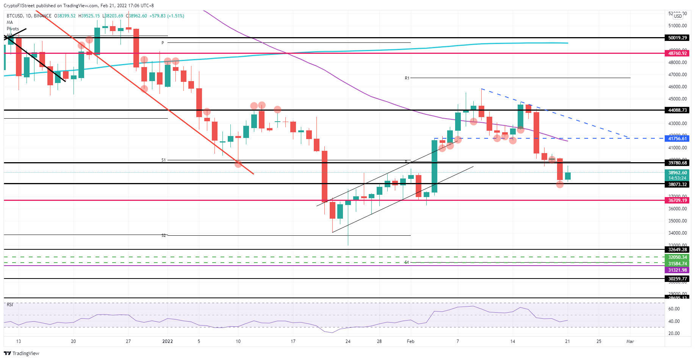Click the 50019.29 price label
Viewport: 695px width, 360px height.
tap(677, 38)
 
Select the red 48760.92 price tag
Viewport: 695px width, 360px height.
tap(677, 53)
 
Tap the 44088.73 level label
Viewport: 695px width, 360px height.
tap(677, 110)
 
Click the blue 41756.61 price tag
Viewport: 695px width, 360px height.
tap(677, 139)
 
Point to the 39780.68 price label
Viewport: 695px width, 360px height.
tap(677, 163)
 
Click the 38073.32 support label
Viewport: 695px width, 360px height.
tap(677, 185)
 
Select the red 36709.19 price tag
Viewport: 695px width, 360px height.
tap(677, 200)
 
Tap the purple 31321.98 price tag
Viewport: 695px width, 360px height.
tap(677, 270)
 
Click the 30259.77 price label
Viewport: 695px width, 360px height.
tap(677, 279)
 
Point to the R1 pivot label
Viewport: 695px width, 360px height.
tap(407, 78)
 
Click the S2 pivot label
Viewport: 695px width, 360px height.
tap(164, 236)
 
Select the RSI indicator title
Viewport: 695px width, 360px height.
tap(10, 305)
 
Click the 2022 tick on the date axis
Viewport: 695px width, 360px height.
tap(167, 341)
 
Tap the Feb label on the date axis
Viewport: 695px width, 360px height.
tap(410, 341)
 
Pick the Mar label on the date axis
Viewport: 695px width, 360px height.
tap(630, 341)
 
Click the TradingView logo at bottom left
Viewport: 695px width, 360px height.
tap(22, 353)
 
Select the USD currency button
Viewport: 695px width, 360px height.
tap(678, 16)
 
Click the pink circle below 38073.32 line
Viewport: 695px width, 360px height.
tap(560, 185)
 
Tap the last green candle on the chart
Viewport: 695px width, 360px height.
tap(568, 176)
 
